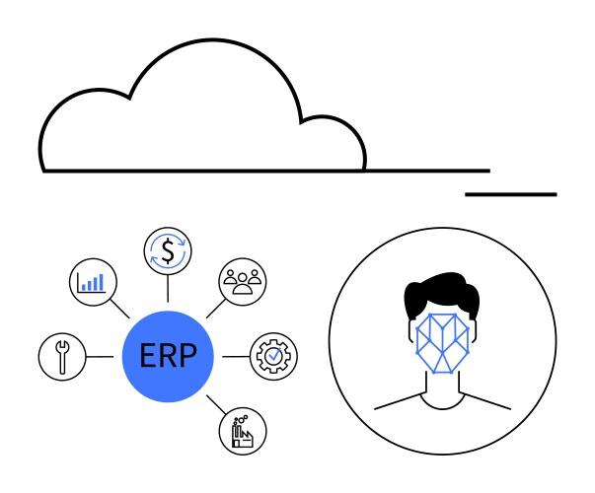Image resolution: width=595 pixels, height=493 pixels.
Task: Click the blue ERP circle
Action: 168,356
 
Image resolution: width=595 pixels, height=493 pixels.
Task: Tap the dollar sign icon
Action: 168,250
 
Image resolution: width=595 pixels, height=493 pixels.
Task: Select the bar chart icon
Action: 93,282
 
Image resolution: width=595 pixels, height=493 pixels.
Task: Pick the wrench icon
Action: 62,357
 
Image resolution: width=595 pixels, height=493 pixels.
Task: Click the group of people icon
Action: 243,282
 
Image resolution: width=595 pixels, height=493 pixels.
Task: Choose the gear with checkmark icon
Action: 273,357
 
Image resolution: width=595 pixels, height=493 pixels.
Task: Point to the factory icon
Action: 243,431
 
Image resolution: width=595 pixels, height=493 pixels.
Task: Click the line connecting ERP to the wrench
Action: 100,357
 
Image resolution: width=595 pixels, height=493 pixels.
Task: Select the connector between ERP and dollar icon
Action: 168,288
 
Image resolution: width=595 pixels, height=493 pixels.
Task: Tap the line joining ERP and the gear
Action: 236,357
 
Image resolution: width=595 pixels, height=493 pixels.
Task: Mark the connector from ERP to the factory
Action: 216,404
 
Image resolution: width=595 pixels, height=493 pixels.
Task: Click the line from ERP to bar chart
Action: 119,309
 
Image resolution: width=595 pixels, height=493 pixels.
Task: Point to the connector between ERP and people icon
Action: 216,309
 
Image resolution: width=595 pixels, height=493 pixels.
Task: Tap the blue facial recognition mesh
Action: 442,343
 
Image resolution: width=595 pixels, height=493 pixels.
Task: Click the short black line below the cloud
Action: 511,194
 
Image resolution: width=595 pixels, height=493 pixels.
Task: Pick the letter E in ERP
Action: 148,355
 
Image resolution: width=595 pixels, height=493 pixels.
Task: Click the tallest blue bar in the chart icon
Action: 101,282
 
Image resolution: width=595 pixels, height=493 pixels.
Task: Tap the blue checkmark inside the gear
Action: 274,355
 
